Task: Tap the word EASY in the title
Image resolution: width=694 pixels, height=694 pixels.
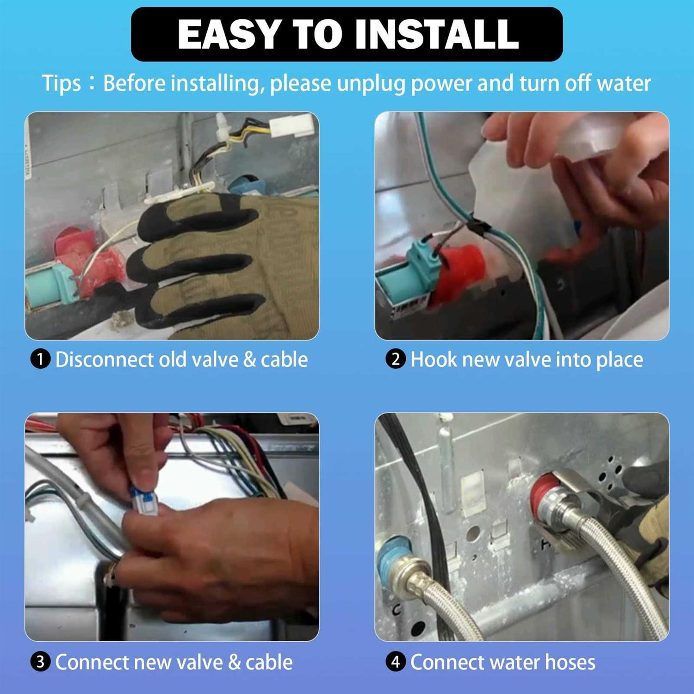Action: pos(229,34)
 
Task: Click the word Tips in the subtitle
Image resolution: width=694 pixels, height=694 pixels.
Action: pos(62,84)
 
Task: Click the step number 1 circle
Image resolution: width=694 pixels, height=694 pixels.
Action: pos(40,359)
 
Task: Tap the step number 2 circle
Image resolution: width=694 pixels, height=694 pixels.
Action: pos(396,359)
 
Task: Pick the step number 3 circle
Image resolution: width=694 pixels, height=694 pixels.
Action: pos(40,662)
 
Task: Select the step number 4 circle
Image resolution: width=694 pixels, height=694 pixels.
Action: pos(396,662)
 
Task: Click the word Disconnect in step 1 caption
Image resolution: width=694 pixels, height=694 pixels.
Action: pos(105,359)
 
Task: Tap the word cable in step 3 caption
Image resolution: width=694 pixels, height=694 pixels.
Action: pos(269,662)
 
